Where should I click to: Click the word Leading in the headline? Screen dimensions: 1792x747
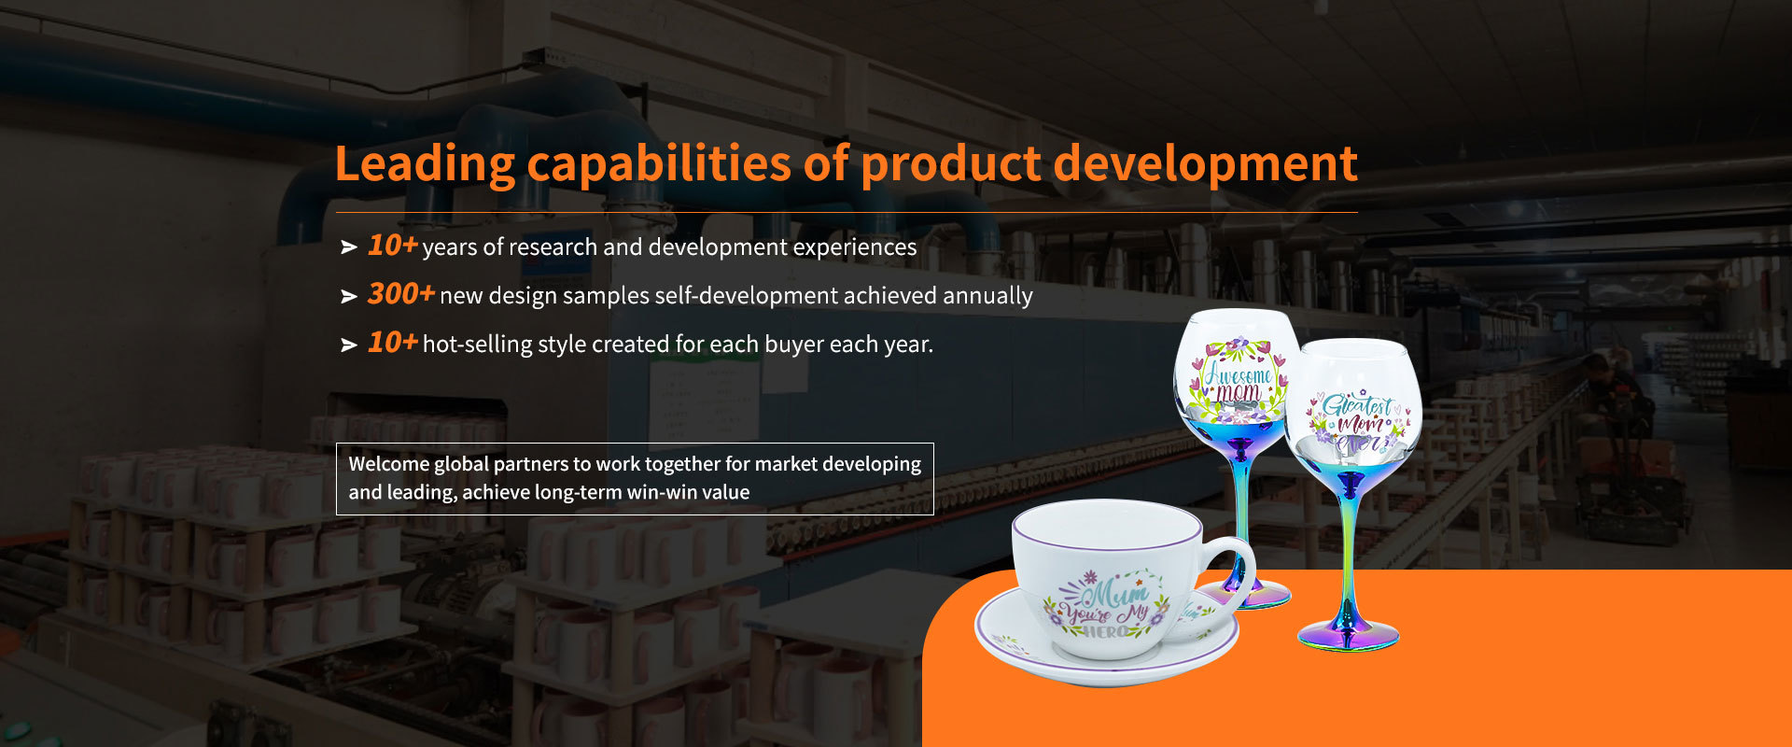[x=424, y=165]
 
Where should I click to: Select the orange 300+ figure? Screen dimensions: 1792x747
[x=400, y=293]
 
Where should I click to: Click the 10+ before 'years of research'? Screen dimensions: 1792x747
[x=392, y=245]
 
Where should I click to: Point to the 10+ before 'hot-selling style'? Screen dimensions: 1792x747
[x=392, y=342]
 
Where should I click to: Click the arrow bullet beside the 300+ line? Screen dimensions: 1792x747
[x=349, y=296]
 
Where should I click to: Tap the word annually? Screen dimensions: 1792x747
[x=987, y=296]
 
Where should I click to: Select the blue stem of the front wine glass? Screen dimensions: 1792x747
[x=1349, y=551]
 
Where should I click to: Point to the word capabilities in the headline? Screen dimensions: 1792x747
[x=658, y=165]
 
